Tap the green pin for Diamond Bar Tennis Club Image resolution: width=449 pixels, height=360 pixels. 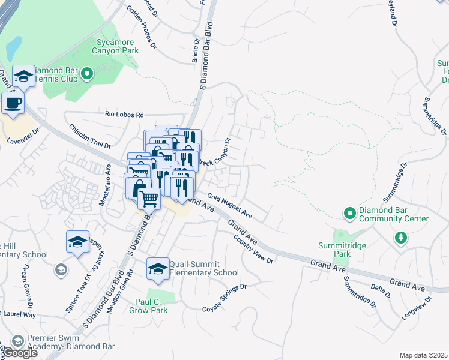click(x=87, y=74)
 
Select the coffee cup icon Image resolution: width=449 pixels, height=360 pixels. click(x=13, y=103)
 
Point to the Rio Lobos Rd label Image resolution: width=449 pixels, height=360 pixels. click(x=125, y=114)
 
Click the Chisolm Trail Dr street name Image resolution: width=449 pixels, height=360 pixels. click(x=90, y=136)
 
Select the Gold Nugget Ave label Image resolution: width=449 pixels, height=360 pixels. click(x=229, y=206)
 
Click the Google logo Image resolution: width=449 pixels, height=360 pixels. click(x=20, y=353)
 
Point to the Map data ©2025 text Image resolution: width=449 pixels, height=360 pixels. click(x=423, y=355)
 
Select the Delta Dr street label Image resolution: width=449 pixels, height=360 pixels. click(x=380, y=291)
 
